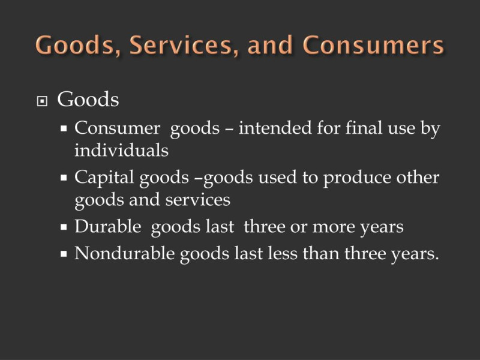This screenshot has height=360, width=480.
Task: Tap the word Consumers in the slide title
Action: pyautogui.click(x=373, y=45)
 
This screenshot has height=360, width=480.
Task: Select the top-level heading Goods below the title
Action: pyautogui.click(x=88, y=99)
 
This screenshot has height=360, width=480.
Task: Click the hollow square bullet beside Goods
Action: pyautogui.click(x=42, y=101)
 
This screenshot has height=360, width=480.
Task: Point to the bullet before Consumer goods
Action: pyautogui.click(x=64, y=128)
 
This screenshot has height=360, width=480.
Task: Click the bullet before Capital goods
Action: pyautogui.click(x=64, y=178)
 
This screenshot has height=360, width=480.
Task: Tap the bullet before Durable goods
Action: pyautogui.click(x=64, y=227)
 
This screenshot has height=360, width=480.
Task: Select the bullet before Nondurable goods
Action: pyautogui.click(x=64, y=254)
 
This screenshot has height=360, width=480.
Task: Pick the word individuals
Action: pyautogui.click(x=122, y=150)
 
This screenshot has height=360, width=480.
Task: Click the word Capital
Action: pyautogui.click(x=104, y=178)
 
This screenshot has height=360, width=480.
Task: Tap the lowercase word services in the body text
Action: pyautogui.click(x=198, y=200)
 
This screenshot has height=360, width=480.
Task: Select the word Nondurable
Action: pyautogui.click(x=125, y=253)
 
